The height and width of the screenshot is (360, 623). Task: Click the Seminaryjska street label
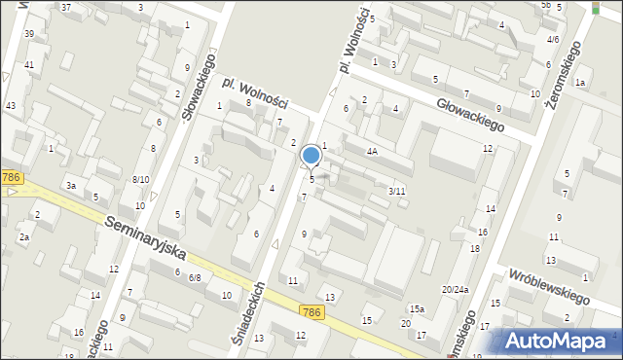pyautogui.click(x=145, y=236)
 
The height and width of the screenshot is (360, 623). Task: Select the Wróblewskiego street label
pyautogui.click(x=550, y=286)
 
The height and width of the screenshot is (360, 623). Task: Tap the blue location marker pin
pyautogui.click(x=311, y=156)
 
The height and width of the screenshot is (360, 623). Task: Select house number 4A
pyautogui.click(x=372, y=152)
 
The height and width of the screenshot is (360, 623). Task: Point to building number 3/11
pyautogui.click(x=396, y=191)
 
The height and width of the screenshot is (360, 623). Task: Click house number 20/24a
pyautogui.click(x=455, y=289)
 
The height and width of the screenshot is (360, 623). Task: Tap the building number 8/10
pyautogui.click(x=140, y=179)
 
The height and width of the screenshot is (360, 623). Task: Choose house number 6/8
pyautogui.click(x=195, y=277)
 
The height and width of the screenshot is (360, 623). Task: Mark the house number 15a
pyautogui.click(x=417, y=308)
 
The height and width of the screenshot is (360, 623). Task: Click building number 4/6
pyautogui.click(x=553, y=40)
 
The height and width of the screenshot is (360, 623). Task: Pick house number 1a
pyautogui.click(x=579, y=83)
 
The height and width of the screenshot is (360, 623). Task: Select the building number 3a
pyautogui.click(x=70, y=185)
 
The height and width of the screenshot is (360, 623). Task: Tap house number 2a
pyautogui.click(x=24, y=236)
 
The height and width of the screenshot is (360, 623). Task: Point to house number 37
pyautogui.click(x=66, y=7)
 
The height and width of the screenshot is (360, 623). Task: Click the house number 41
pyautogui.click(x=29, y=64)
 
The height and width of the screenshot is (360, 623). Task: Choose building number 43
pyautogui.click(x=11, y=105)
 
